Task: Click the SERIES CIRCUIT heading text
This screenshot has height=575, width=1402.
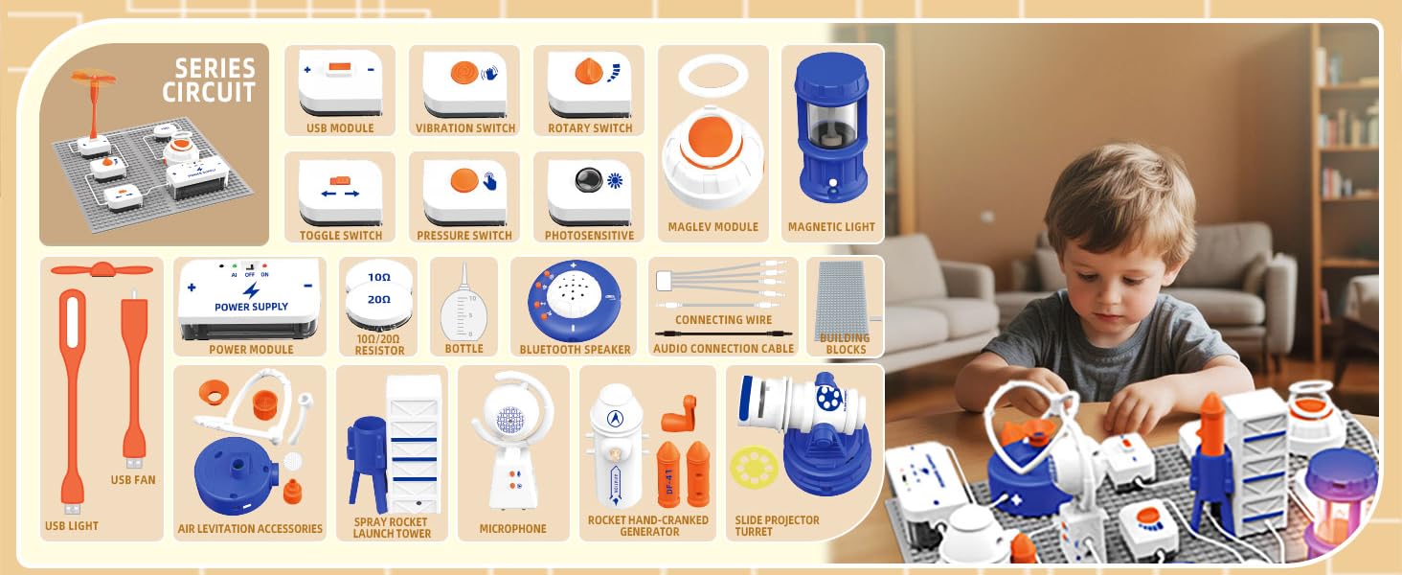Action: [209, 80]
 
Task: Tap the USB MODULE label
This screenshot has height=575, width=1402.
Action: [340, 128]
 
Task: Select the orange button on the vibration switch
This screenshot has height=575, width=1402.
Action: [463, 73]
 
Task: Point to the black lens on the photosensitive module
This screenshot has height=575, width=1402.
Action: [585, 180]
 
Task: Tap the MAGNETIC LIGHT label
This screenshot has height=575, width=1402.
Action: [831, 227]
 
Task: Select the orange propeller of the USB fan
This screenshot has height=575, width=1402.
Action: [93, 271]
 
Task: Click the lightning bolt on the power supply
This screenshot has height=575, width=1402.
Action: [251, 289]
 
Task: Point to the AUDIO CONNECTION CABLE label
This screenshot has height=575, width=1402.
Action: [723, 349]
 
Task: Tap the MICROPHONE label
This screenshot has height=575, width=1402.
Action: [513, 528]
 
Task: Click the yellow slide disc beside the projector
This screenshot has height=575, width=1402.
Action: [754, 468]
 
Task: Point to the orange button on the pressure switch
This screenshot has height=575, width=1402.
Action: [464, 180]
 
